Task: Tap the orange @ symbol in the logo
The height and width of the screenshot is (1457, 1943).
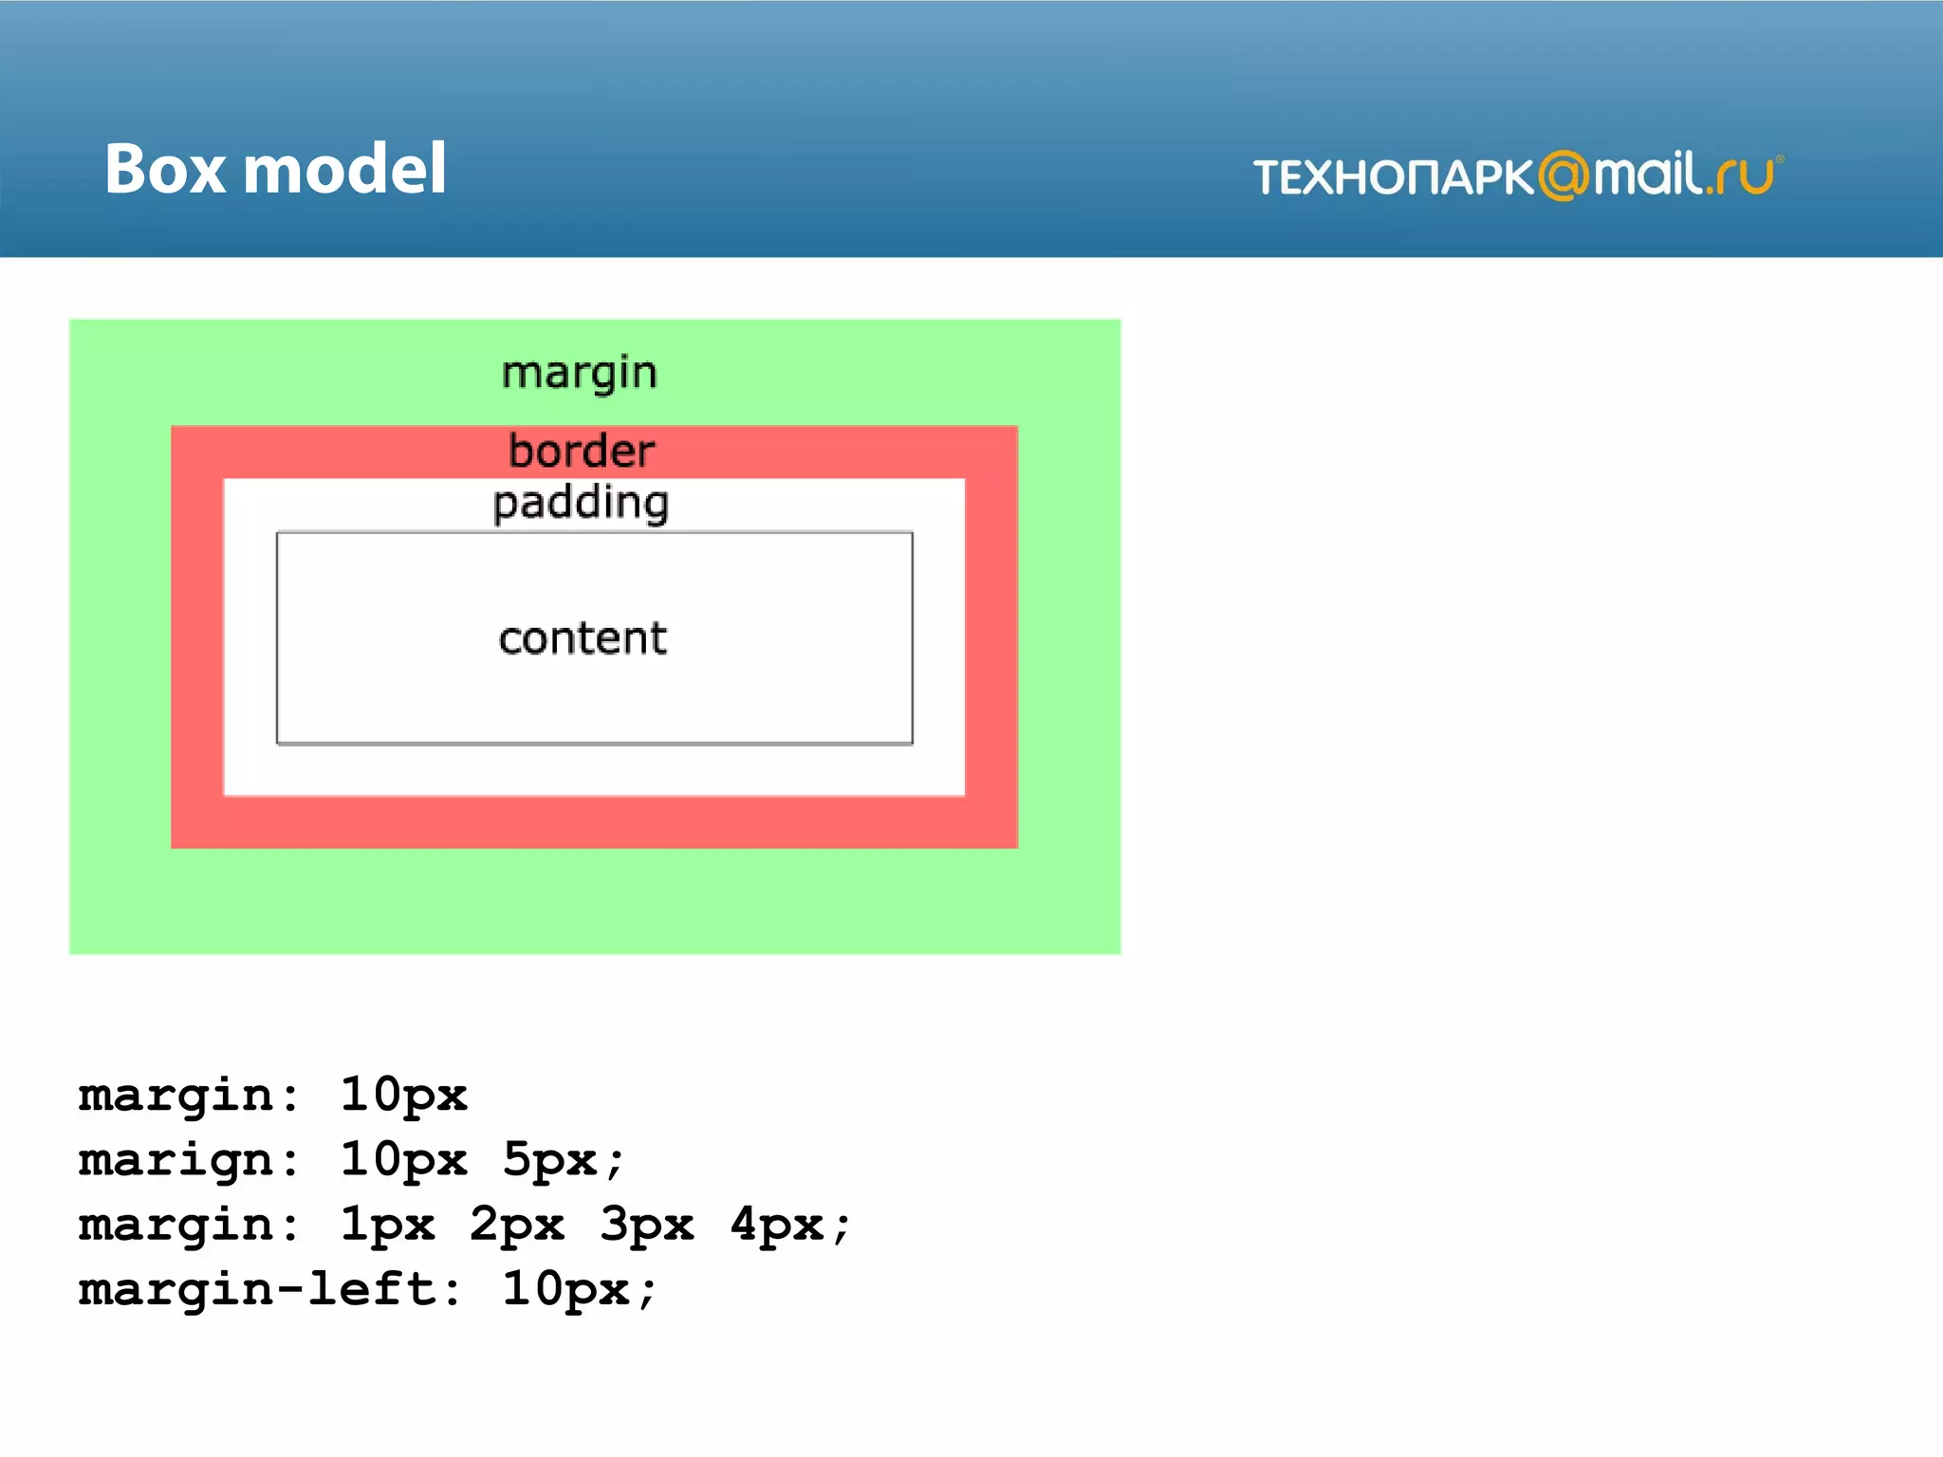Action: (1563, 175)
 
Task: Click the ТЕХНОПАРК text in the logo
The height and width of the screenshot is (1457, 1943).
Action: (1393, 177)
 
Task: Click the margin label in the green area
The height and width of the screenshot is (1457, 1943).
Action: (579, 373)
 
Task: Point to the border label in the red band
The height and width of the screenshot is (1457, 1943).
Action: (581, 452)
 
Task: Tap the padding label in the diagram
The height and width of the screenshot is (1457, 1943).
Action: (581, 503)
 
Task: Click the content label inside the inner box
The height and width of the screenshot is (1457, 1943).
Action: (583, 638)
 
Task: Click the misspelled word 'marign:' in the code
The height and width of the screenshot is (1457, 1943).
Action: (189, 1160)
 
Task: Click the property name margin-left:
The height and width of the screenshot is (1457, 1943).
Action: (270, 1289)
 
